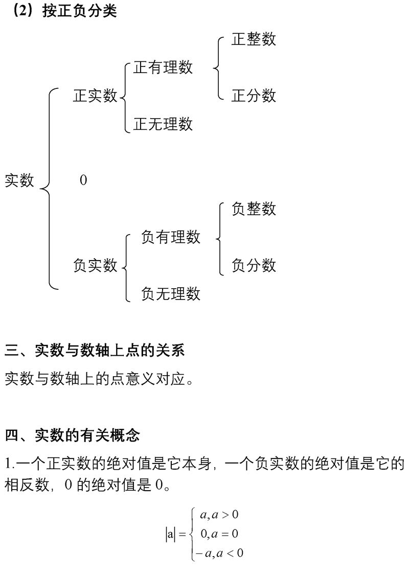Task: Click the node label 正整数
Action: (254, 39)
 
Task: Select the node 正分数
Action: (254, 96)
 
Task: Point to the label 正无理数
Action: (163, 124)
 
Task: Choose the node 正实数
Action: (95, 96)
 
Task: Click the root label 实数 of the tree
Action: (19, 180)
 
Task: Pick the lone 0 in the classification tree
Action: (83, 180)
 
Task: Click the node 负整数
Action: (254, 209)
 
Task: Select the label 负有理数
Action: (171, 237)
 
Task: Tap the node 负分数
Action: (254, 265)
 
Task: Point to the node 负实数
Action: (95, 265)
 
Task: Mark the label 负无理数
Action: (171, 293)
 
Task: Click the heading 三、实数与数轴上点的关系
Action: (95, 350)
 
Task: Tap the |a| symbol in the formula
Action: (170, 535)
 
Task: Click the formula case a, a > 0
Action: (219, 515)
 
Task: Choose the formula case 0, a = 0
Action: (219, 534)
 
